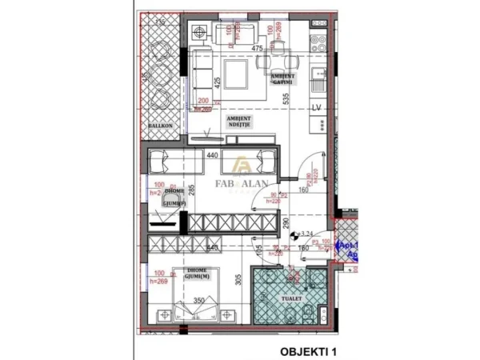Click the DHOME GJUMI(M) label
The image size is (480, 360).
tap(195, 274)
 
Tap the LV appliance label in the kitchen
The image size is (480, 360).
tap(315, 107)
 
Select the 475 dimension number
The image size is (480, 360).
tap(258, 50)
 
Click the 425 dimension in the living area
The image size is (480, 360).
tap(216, 81)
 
